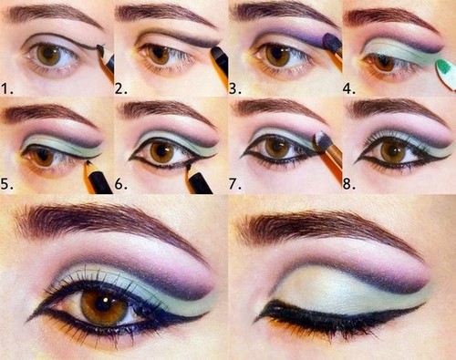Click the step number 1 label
pos(8,87)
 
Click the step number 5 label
pos(8,183)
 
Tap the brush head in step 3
pos(332,41)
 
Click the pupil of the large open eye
pos(106,307)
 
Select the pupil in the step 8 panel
pos(393,150)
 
